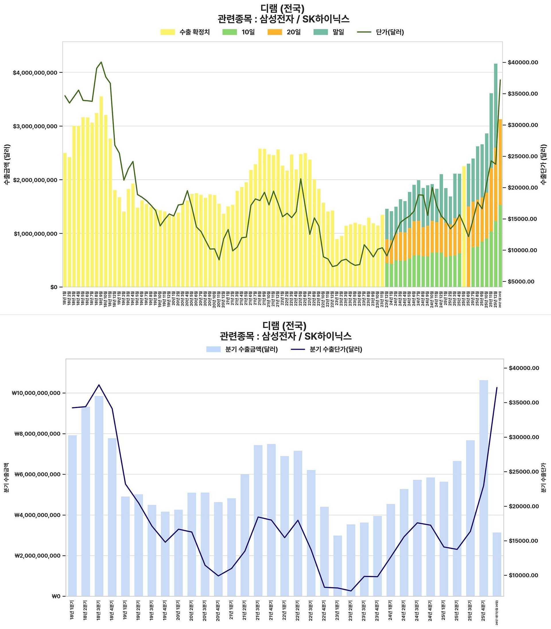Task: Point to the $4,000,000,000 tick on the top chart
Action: pos(35,73)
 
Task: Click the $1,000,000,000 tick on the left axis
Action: pos(36,234)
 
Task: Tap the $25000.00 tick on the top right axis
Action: pos(523,156)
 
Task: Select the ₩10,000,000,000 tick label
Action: pos(36,393)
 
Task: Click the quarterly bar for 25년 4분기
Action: pos(484,489)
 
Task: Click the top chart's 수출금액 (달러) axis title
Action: pos(7,164)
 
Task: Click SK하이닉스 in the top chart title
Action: pos(326,19)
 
